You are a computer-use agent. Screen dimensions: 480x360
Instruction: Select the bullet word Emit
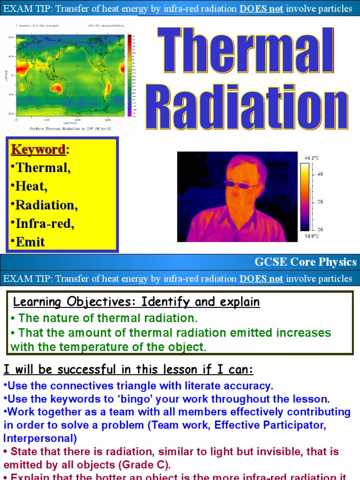(30, 242)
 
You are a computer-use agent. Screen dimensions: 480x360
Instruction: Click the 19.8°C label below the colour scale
(312, 236)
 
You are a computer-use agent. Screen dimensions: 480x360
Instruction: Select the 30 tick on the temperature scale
(320, 202)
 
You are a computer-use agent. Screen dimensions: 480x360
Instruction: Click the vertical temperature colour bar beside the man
(305, 197)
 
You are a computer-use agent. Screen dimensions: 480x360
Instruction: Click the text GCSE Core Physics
(305, 262)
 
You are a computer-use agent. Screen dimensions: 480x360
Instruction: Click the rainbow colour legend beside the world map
(129, 75)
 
